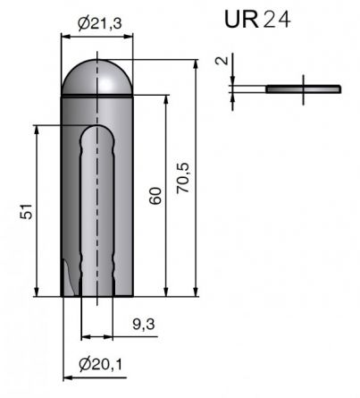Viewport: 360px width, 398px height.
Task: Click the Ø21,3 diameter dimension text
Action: coord(98,22)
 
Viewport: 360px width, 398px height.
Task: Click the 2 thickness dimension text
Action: coord(221,62)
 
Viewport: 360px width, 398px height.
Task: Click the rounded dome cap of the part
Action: coord(98,76)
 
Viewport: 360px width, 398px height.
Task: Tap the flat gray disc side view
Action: coord(304,88)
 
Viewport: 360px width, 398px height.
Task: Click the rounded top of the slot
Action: coord(97,132)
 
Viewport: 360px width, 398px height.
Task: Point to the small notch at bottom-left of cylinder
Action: coord(67,273)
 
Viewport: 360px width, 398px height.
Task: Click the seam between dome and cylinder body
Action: coord(98,93)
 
